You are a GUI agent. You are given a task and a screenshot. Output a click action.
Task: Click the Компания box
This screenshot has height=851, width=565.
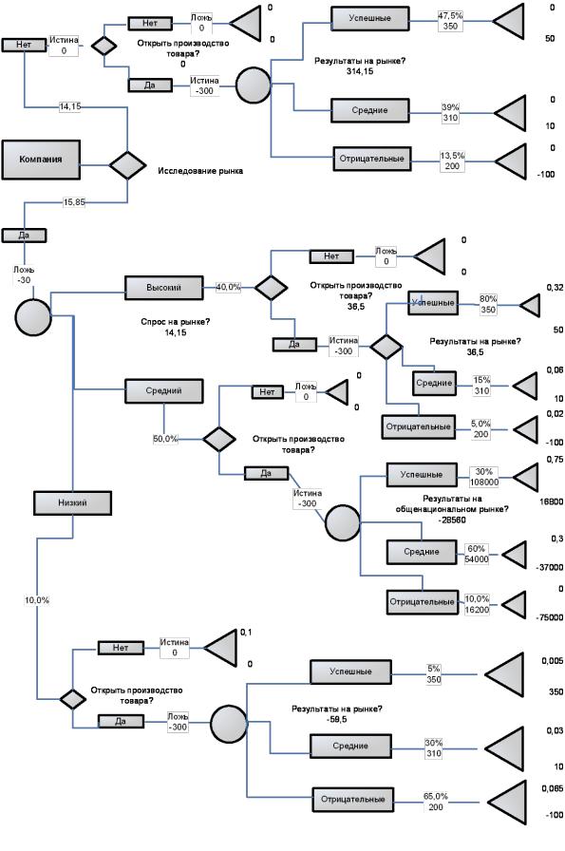(41, 160)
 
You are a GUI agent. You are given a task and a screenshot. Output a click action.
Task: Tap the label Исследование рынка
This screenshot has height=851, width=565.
(200, 171)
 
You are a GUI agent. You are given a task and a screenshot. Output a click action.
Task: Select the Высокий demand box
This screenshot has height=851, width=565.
(164, 288)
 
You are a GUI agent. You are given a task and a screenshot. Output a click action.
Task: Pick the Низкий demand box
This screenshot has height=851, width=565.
(73, 503)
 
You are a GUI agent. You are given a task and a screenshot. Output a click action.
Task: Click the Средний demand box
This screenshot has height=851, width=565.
(164, 390)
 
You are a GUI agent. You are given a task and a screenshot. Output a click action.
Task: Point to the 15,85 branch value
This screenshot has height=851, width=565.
(74, 202)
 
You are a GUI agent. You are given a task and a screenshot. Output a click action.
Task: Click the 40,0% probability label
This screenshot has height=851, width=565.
(229, 287)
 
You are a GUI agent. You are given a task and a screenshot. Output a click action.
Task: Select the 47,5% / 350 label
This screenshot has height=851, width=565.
(450, 21)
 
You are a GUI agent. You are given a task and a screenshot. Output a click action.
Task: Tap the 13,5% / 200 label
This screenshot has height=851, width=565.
(452, 161)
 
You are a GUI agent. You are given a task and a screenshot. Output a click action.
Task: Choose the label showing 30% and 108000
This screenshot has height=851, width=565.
(483, 477)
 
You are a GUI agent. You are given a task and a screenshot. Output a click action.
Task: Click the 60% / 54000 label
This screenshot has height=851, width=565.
(477, 554)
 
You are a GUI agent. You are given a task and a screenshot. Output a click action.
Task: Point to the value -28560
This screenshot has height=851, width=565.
(452, 520)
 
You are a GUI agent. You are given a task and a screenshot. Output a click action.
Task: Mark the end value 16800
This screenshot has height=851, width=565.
(551, 502)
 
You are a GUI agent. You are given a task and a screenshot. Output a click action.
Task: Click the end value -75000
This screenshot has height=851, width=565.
(549, 617)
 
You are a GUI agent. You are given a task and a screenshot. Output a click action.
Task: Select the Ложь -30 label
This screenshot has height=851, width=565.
(24, 275)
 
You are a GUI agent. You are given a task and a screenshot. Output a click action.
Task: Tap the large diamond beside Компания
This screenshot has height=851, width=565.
(127, 164)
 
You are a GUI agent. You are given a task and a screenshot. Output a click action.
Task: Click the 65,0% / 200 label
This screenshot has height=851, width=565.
(436, 802)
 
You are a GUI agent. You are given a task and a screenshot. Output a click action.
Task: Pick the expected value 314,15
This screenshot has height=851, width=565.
(360, 71)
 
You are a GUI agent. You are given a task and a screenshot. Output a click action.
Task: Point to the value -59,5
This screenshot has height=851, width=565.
(337, 720)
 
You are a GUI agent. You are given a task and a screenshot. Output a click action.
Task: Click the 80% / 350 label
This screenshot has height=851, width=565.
(488, 304)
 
